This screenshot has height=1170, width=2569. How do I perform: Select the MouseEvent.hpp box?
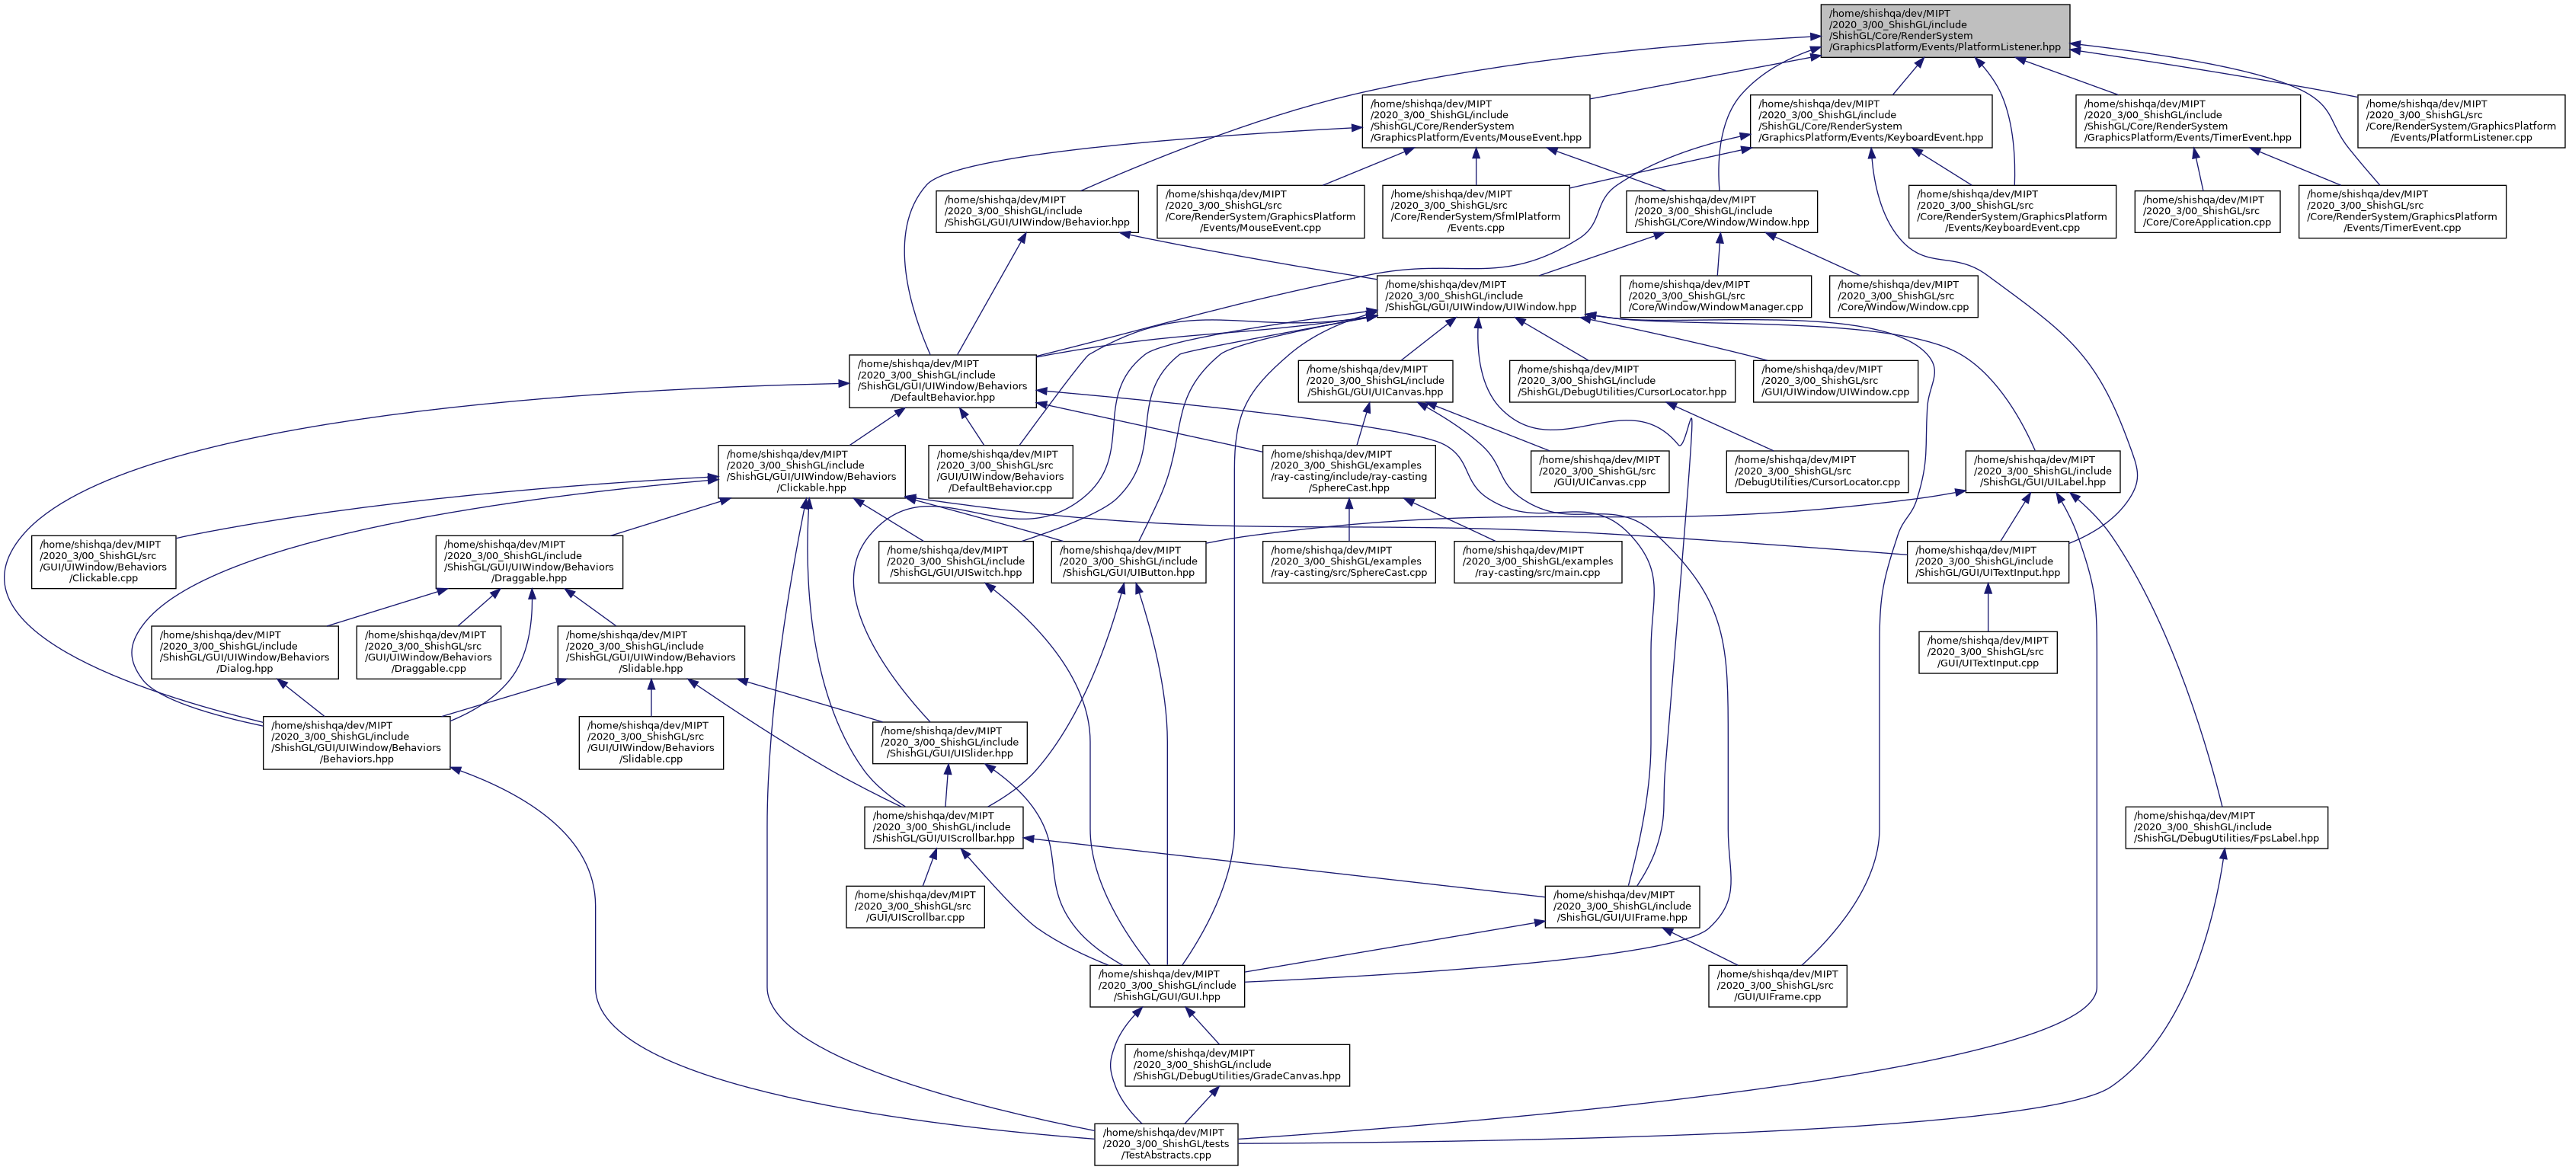pyautogui.click(x=1475, y=120)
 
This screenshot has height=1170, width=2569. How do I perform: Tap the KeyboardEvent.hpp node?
pyautogui.click(x=1870, y=120)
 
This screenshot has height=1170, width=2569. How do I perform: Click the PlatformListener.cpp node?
pyautogui.click(x=2460, y=120)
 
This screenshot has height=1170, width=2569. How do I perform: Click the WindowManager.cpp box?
pyautogui.click(x=1715, y=296)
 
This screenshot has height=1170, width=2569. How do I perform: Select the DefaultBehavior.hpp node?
pyautogui.click(x=942, y=381)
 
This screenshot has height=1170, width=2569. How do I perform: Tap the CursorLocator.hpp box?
pyautogui.click(x=1621, y=381)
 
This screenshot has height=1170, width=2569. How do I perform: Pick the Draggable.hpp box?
pyautogui.click(x=529, y=561)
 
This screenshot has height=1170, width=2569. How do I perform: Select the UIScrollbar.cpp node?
pyautogui.click(x=914, y=906)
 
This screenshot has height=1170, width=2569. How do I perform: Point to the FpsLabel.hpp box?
pyautogui.click(x=2226, y=828)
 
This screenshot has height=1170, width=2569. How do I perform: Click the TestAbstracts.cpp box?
pyautogui.click(x=1166, y=1144)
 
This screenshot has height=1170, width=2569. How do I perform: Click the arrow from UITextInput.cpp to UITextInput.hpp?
pyautogui.click(x=1988, y=606)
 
